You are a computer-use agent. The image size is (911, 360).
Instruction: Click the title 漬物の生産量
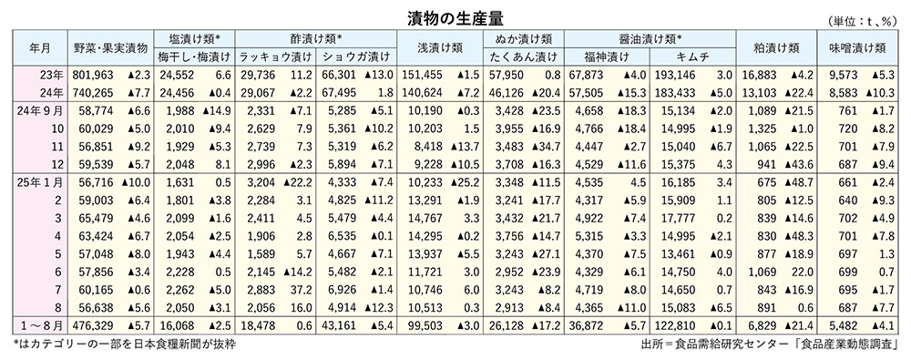pyautogui.click(x=455, y=16)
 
